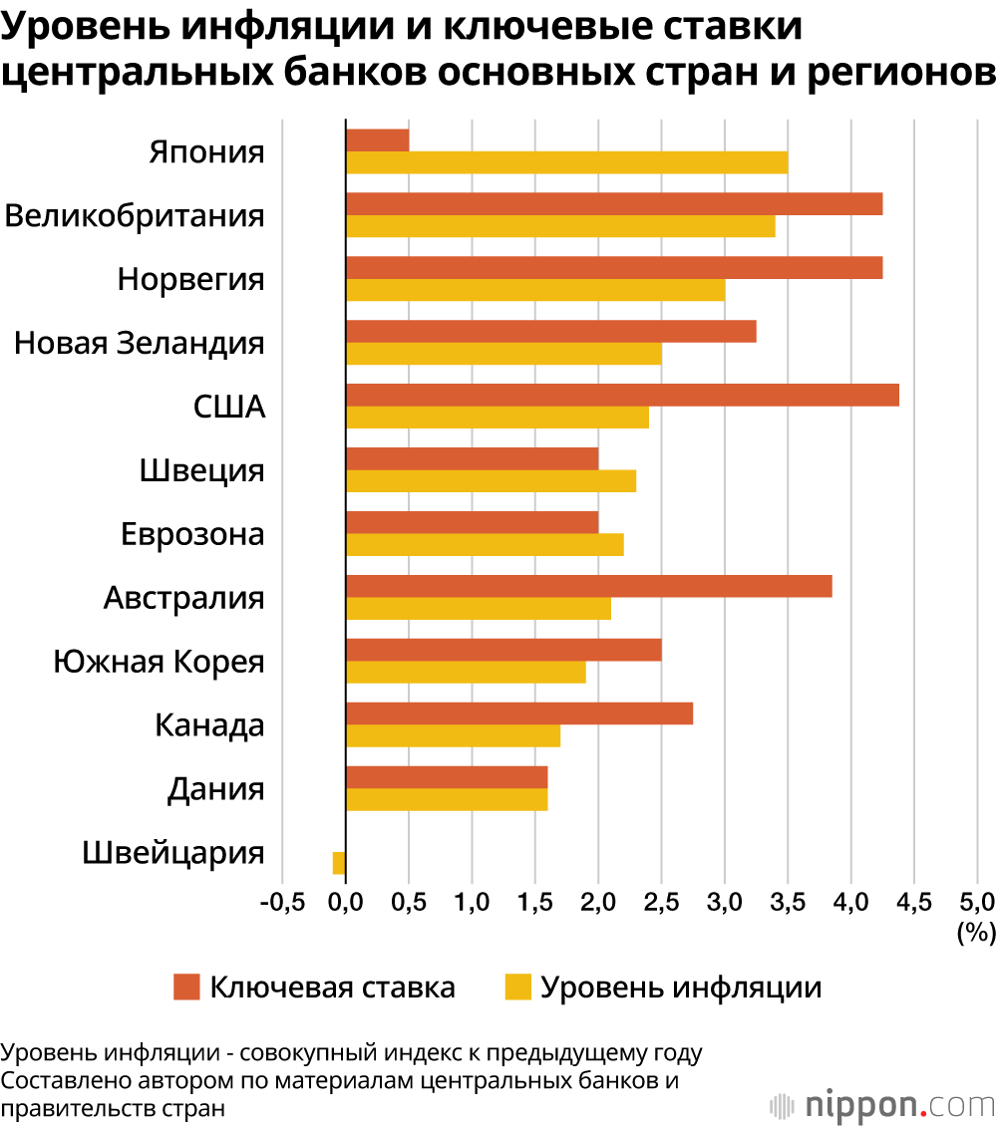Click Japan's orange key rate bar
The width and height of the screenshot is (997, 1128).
(x=377, y=141)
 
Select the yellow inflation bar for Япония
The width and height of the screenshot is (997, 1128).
(x=566, y=162)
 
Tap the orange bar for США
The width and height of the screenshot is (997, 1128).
(x=622, y=396)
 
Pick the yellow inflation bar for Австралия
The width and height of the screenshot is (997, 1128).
(x=478, y=608)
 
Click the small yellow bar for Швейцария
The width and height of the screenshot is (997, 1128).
(x=339, y=863)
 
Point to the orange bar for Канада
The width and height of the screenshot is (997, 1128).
(x=518, y=713)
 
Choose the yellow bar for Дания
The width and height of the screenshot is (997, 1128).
(x=447, y=799)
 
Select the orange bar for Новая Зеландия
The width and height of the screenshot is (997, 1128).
(x=550, y=332)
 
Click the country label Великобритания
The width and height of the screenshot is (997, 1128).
(x=135, y=216)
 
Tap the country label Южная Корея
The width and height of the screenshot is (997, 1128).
(x=159, y=662)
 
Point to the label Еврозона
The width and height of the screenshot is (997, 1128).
(x=192, y=534)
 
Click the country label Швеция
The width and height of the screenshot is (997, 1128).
(x=202, y=470)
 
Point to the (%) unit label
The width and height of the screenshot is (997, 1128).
(x=976, y=933)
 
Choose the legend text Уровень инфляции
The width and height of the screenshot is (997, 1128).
(x=681, y=987)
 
